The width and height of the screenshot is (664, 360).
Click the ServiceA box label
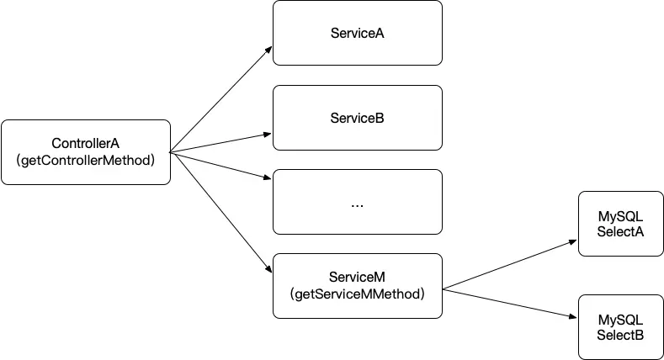pyautogui.click(x=357, y=33)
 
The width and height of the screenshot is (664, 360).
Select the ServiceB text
pyautogui.click(x=357, y=118)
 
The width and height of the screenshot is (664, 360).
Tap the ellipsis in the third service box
pyautogui.click(x=357, y=205)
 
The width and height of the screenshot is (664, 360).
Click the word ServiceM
pyautogui.click(x=357, y=277)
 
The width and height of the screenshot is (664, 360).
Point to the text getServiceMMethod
pyautogui.click(x=357, y=294)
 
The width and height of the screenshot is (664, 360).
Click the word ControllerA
pyautogui.click(x=86, y=143)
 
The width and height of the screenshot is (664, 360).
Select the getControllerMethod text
pyautogui.click(x=86, y=160)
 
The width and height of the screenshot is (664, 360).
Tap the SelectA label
pyautogui.click(x=620, y=231)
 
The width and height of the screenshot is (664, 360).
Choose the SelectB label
pyautogui.click(x=620, y=335)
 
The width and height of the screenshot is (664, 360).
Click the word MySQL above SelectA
pyautogui.click(x=620, y=216)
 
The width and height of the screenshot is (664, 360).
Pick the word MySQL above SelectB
pyautogui.click(x=620, y=320)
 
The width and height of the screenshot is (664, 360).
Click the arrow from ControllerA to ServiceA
pyautogui.click(x=220, y=99)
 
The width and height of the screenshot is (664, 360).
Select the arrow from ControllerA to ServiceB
pyautogui.click(x=220, y=143)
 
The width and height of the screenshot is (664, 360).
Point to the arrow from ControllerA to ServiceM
pyautogui.click(x=220, y=212)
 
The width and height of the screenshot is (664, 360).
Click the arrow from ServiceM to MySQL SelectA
pyautogui.click(x=509, y=265)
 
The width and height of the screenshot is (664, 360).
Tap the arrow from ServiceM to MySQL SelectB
pyautogui.click(x=509, y=303)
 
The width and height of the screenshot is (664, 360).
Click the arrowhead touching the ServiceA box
pyautogui.click(x=268, y=50)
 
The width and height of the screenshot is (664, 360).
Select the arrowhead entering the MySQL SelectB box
pyautogui.click(x=572, y=316)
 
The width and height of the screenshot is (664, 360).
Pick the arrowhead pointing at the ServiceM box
pyautogui.click(x=268, y=268)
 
